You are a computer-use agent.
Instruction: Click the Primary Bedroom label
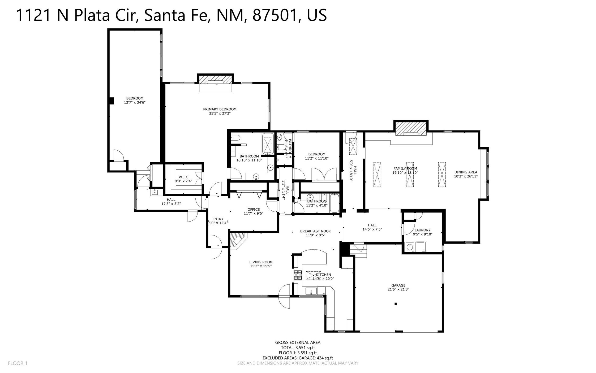(x=220, y=109)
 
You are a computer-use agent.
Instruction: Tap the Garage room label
(x=398, y=285)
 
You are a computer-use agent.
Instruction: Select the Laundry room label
(x=422, y=230)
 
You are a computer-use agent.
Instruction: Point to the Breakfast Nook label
(x=315, y=231)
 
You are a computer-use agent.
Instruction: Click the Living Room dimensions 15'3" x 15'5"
(x=261, y=266)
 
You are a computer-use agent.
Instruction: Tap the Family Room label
(x=405, y=168)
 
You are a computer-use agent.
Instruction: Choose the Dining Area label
(x=466, y=172)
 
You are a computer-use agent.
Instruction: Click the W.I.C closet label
(x=183, y=177)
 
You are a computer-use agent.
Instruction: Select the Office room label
(x=254, y=209)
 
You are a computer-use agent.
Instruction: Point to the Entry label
(x=218, y=219)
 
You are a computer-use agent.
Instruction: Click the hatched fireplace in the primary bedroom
(x=215, y=79)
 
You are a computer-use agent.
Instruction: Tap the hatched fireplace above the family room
(x=411, y=128)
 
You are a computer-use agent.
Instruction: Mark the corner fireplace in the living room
(x=237, y=240)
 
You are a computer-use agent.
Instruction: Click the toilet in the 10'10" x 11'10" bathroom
(x=236, y=138)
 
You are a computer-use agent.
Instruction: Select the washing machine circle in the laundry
(x=410, y=247)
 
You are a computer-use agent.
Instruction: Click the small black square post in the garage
(x=396, y=304)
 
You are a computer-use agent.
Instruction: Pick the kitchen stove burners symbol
(x=298, y=275)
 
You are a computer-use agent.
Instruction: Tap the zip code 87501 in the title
(x=275, y=15)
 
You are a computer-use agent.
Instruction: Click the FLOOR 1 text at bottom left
(x=18, y=363)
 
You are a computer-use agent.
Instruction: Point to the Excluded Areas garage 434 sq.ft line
(x=298, y=358)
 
